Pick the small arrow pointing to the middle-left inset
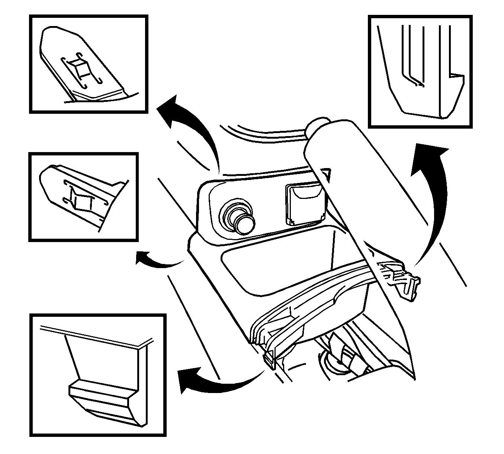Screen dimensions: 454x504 156,261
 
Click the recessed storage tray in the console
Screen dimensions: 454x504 294,260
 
